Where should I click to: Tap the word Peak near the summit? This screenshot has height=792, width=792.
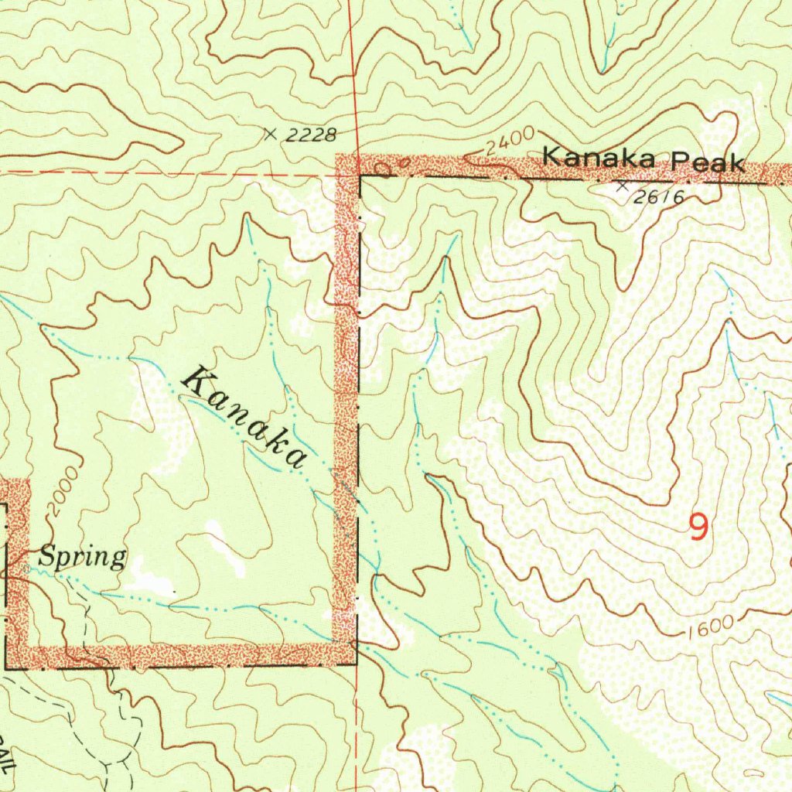click(708, 162)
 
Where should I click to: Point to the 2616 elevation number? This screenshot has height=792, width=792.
click(658, 198)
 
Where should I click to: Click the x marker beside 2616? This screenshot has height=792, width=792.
click(622, 186)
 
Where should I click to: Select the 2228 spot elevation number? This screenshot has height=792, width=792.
click(311, 136)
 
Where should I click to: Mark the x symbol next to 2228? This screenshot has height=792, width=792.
click(270, 134)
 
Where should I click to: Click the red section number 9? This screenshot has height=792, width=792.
click(698, 528)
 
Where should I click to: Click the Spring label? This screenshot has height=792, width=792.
click(83, 557)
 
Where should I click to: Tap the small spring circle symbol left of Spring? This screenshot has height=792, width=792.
click(27, 568)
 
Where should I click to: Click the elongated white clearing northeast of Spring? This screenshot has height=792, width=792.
click(225, 548)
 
